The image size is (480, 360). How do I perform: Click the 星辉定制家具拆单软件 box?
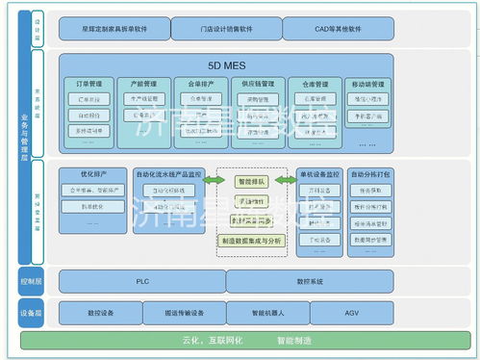114,29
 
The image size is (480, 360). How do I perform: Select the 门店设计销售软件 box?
226,29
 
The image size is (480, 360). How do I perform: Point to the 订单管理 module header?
90,85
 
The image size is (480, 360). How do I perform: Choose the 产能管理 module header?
143,85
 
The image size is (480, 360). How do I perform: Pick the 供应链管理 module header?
255,85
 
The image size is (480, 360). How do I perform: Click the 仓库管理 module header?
314,85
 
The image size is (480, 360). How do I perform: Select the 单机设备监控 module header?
318,174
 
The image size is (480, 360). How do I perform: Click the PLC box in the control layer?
141,281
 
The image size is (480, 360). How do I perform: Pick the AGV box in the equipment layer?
354,314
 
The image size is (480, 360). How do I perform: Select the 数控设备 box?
100,314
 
